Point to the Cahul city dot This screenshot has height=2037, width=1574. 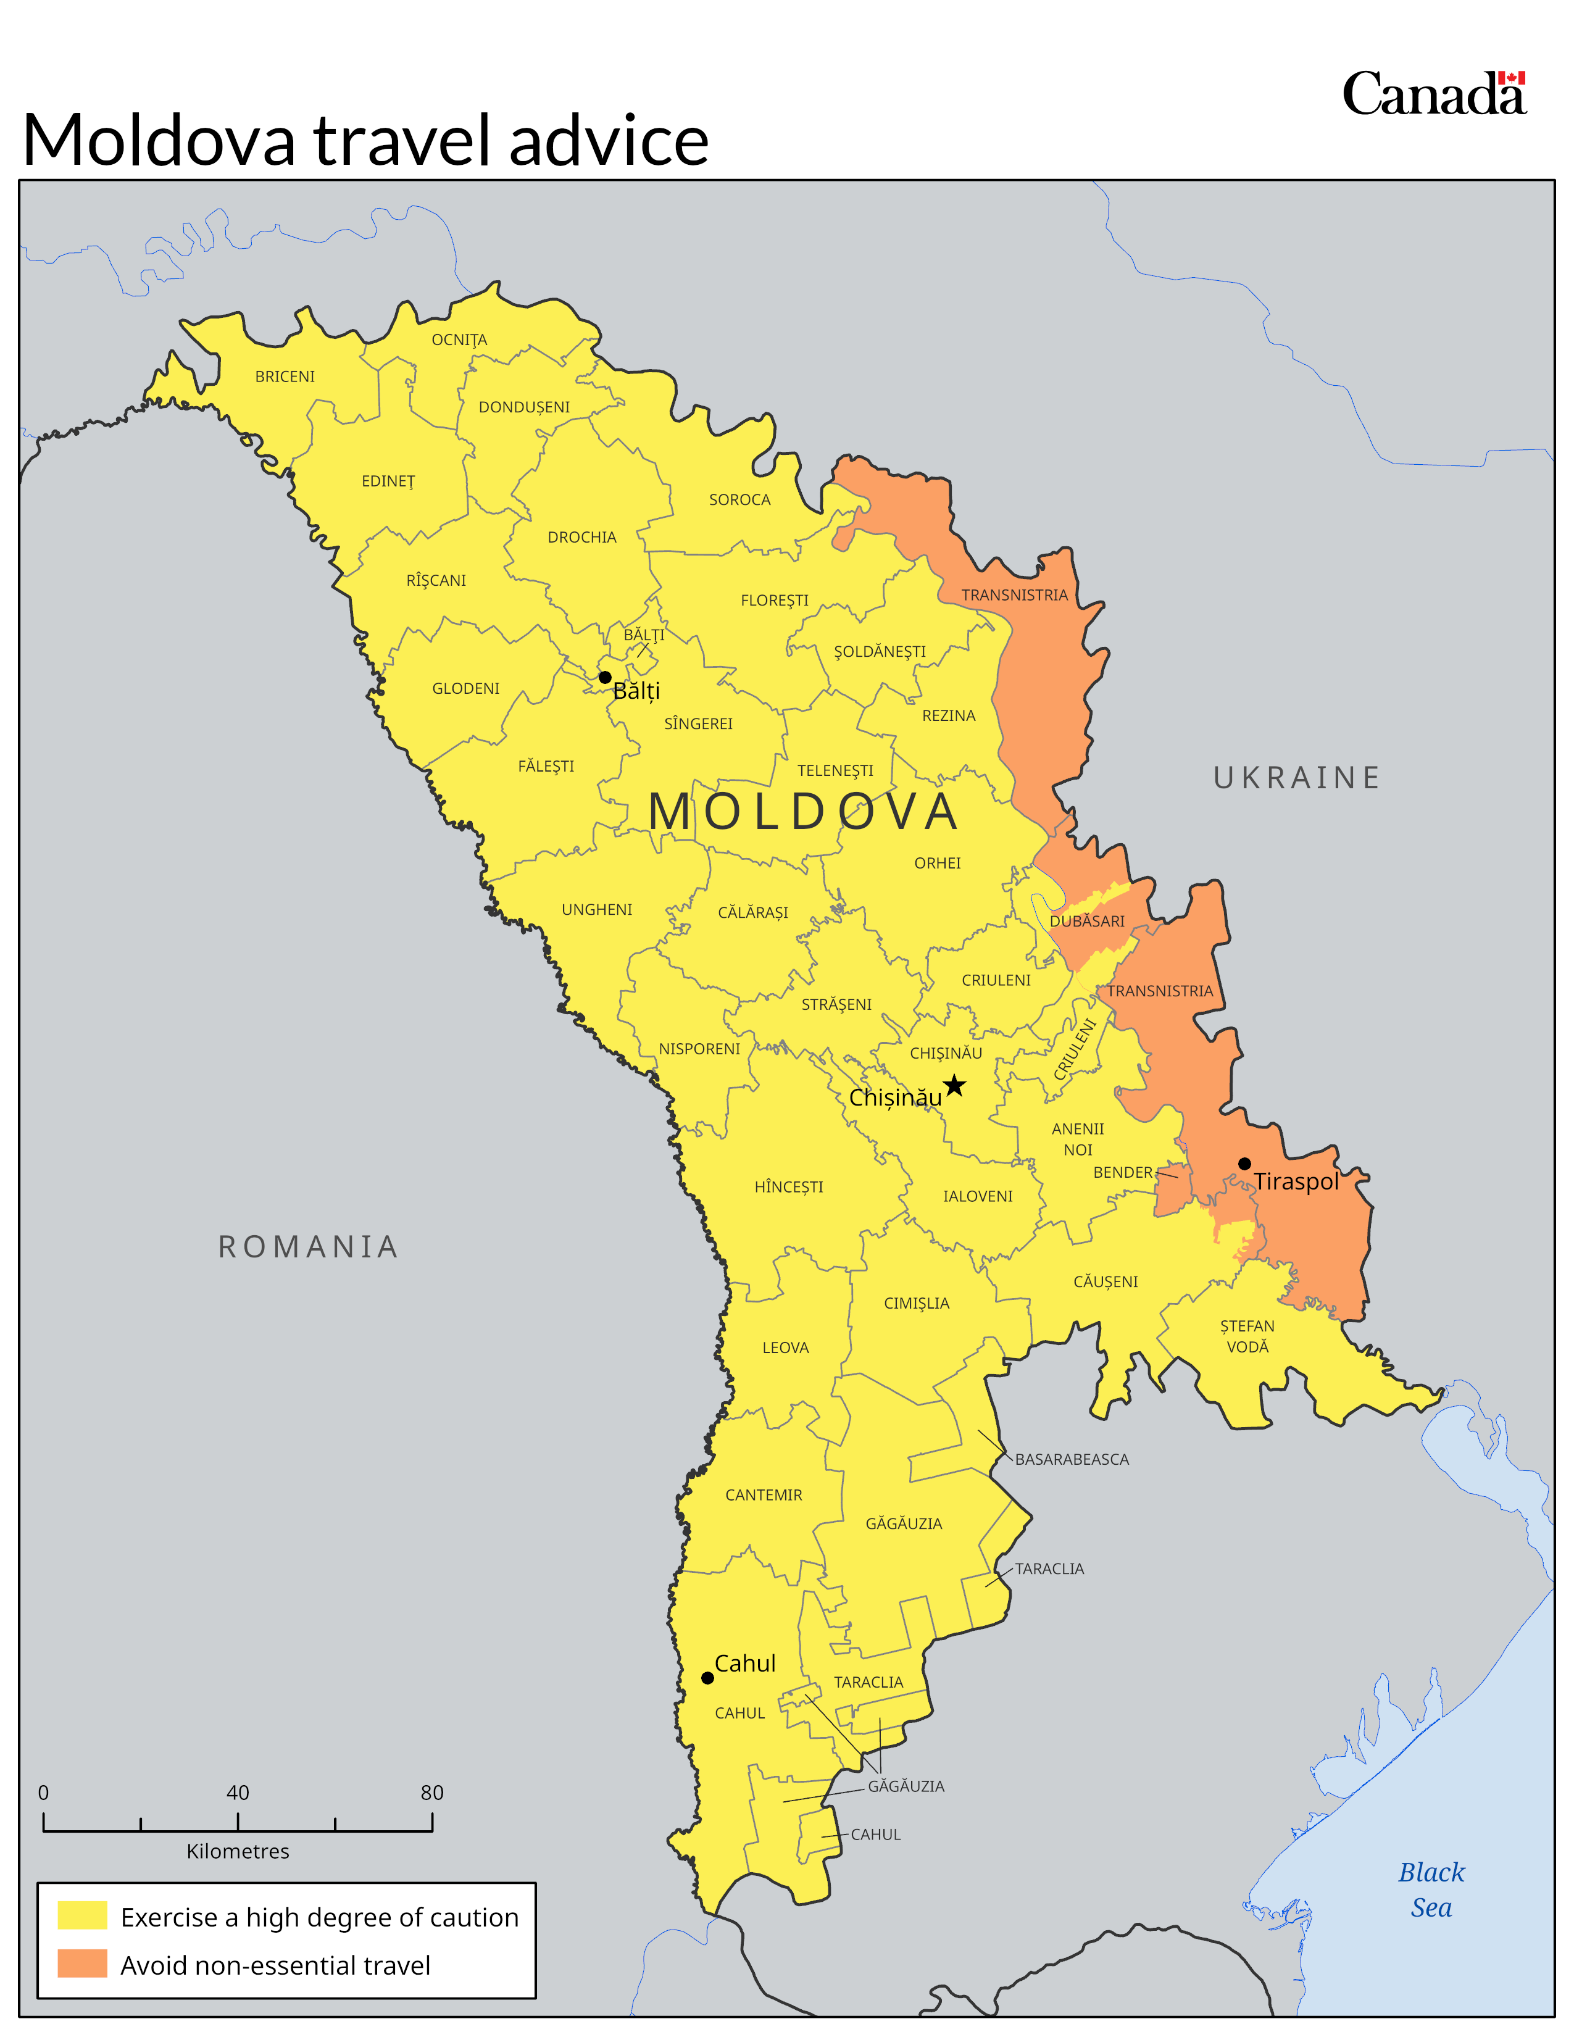point(708,1678)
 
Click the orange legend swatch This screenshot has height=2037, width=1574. point(82,1964)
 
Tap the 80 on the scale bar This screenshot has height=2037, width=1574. point(431,1793)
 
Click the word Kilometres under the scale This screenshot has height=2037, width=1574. point(238,1851)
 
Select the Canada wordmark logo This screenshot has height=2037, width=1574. point(1433,94)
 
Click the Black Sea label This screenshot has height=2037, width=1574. point(1431,1889)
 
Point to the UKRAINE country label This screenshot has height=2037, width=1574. point(1296,778)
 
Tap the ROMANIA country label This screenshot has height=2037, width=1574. point(309,1247)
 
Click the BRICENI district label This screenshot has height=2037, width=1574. point(285,377)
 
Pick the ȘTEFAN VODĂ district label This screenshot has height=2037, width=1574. point(1247,1336)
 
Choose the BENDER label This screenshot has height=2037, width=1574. point(1123,1172)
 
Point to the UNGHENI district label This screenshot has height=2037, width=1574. point(597,909)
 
